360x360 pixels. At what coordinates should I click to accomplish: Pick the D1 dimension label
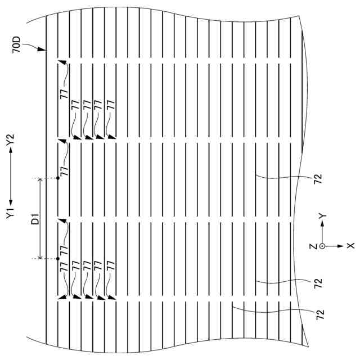[35, 219]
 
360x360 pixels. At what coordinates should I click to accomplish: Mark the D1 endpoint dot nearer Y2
[57, 179]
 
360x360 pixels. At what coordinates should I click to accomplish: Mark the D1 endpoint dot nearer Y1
[57, 259]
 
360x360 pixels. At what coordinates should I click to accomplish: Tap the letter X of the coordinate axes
[349, 246]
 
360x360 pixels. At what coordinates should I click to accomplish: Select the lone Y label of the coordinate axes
[321, 216]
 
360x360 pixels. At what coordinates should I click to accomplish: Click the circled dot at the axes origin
[322, 246]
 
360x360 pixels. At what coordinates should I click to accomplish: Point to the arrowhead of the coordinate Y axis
[322, 223]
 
